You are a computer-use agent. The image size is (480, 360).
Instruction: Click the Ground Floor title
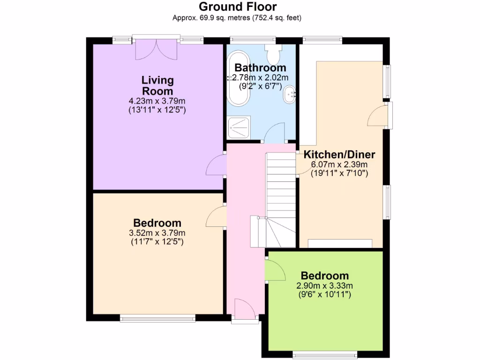238,7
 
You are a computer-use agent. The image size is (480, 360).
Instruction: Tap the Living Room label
157,85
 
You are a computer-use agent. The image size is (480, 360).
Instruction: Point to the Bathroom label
260,68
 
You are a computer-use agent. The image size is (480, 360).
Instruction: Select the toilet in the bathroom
272,54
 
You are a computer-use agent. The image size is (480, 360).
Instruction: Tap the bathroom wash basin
289,94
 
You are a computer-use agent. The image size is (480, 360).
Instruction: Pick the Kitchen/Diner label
339,155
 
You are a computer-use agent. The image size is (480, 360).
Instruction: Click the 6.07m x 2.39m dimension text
339,165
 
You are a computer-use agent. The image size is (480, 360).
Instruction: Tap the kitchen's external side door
379,115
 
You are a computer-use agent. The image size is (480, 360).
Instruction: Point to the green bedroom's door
274,270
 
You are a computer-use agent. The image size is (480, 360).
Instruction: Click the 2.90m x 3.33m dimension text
324,286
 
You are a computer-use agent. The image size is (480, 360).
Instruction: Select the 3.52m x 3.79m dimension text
157,233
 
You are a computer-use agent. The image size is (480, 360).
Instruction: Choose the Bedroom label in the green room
324,276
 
